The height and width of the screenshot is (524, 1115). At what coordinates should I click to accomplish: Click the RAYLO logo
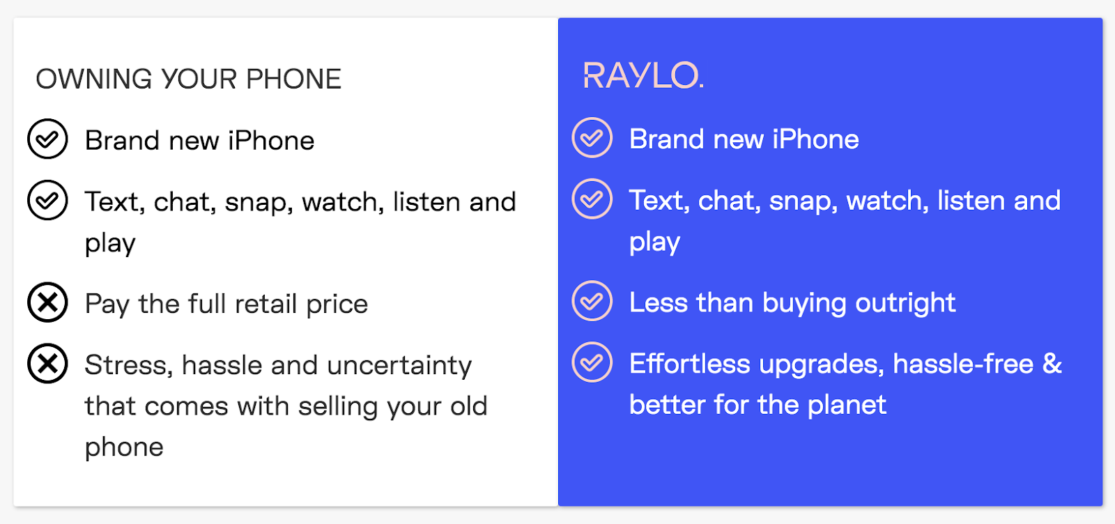(643, 76)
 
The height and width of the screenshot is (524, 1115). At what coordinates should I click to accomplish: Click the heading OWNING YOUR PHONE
(188, 79)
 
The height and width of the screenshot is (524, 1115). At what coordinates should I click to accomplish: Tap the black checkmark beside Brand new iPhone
(47, 139)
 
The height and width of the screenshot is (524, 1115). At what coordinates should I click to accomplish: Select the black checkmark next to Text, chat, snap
(47, 200)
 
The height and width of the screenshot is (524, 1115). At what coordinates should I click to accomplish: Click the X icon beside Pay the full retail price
(47, 302)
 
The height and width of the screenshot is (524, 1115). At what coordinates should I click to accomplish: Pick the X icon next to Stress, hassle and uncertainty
(47, 363)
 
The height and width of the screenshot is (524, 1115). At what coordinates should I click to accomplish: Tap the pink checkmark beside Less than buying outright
(592, 301)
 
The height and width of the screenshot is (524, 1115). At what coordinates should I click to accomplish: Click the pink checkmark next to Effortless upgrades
(592, 362)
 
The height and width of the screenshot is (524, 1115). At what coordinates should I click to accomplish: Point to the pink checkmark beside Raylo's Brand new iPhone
(592, 138)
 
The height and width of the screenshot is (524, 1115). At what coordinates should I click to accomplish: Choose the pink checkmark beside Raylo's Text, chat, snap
(592, 199)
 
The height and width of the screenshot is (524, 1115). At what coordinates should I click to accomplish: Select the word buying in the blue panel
(804, 304)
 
